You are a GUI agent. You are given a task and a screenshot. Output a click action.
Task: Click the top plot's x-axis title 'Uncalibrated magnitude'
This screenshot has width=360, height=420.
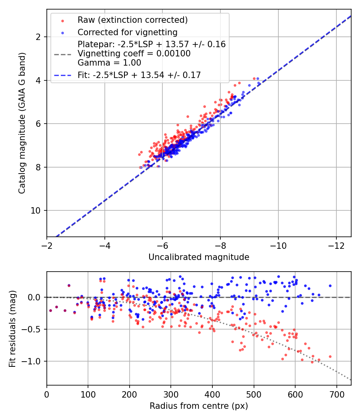(x=199, y=257)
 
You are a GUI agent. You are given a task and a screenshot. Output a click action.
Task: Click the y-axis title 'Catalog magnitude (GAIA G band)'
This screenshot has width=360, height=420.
(x=22, y=123)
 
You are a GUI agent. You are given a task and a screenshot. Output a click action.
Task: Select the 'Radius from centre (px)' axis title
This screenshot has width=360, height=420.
(x=199, y=406)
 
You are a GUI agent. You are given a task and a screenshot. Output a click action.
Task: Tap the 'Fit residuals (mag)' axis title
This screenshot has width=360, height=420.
(x=12, y=328)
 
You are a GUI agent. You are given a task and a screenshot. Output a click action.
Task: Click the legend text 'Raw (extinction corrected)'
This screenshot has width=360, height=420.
(x=132, y=20)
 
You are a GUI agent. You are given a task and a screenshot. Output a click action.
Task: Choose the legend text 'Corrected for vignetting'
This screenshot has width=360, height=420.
(x=128, y=32)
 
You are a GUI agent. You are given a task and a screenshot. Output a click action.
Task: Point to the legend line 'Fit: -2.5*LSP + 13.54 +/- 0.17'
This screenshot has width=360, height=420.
(x=139, y=75)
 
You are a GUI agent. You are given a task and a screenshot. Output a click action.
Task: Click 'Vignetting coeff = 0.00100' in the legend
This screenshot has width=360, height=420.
(x=134, y=54)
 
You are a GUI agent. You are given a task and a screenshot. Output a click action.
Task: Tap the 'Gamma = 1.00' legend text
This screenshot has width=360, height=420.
(x=109, y=63)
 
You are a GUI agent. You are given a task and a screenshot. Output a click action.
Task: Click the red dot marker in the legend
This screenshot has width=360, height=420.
(x=63, y=21)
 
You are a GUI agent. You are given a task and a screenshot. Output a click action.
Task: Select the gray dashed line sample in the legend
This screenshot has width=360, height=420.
(x=63, y=54)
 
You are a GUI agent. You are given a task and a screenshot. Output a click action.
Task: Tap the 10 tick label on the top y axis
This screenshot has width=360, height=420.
(x=36, y=210)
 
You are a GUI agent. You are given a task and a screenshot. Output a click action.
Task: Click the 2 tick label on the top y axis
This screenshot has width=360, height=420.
(x=38, y=37)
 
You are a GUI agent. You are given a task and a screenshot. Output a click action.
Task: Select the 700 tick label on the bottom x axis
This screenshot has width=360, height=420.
(x=336, y=394)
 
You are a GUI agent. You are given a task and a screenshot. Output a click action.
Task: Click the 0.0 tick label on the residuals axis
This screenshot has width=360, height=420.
(x=34, y=297)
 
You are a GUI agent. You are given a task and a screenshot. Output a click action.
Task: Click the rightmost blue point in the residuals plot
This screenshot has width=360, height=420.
(x=330, y=286)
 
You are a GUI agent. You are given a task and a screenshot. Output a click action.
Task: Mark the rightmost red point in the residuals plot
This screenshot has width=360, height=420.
(x=330, y=356)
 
